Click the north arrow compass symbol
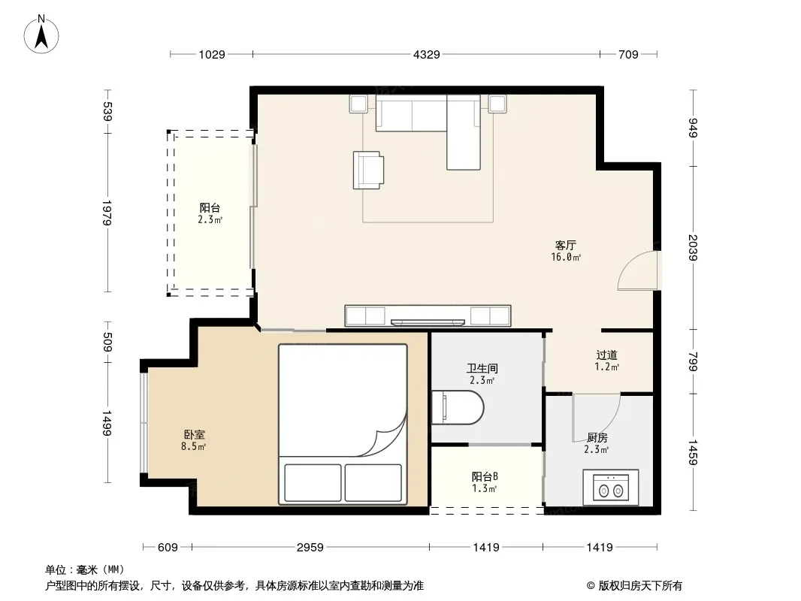click(41, 35)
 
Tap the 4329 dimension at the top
click(427, 55)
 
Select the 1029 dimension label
click(212, 55)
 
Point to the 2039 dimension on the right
click(693, 248)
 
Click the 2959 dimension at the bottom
click(310, 548)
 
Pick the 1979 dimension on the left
click(107, 213)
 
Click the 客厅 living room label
click(566, 246)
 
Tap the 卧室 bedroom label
click(194, 434)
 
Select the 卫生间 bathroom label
click(482, 368)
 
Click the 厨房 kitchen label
click(597, 437)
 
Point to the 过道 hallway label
click(607, 355)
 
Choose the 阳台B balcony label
click(484, 476)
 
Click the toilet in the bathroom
click(457, 407)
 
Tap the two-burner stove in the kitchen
click(610, 487)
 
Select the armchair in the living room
click(368, 170)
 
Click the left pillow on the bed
click(313, 482)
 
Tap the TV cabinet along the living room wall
click(428, 316)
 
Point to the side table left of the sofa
click(358, 104)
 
